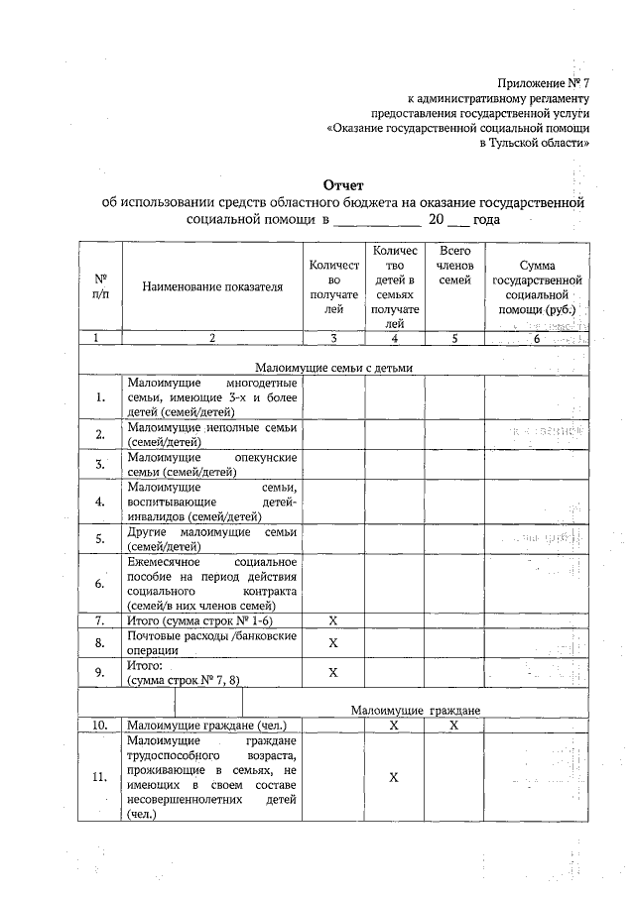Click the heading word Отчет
coord(344,184)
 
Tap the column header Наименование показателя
coord(212,287)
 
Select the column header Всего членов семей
coord(454,266)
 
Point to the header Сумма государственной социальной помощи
coord(536,287)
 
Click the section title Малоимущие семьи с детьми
coord(333,368)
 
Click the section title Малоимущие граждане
coord(416,711)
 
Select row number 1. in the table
coord(100,398)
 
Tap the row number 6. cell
coord(100,583)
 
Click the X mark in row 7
coord(333,620)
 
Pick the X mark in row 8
coord(333,643)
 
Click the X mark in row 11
coord(394,778)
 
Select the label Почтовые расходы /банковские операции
coord(212,643)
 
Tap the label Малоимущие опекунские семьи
coord(212,464)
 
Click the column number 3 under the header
coord(333,339)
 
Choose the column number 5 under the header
coord(454,339)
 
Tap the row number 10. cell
coord(100,726)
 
